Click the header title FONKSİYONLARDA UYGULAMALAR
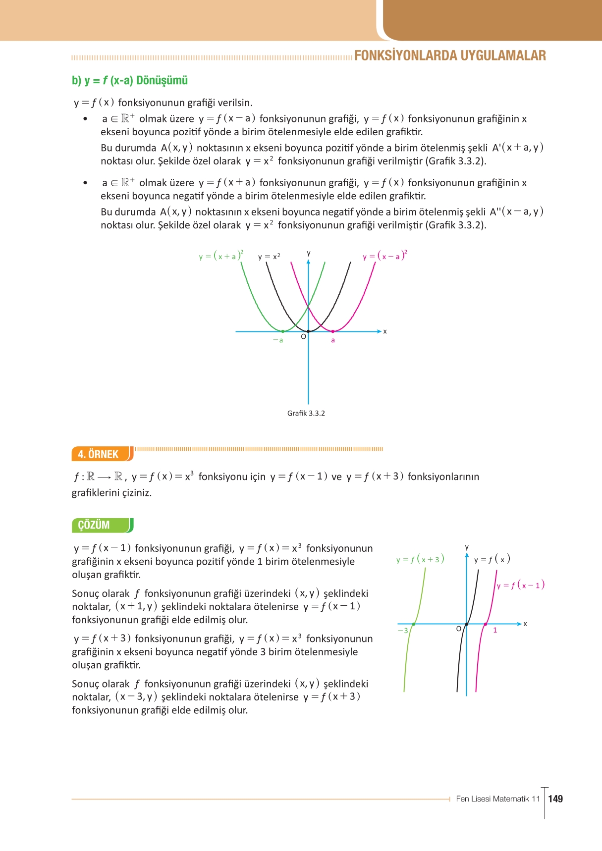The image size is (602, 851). [450, 55]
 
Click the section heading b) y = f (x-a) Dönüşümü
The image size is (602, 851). [130, 80]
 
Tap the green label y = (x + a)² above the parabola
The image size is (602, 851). [221, 256]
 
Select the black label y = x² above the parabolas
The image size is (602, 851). [269, 256]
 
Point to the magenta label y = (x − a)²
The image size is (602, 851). [385, 256]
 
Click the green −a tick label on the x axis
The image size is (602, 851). [278, 340]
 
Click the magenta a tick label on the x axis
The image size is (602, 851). [333, 340]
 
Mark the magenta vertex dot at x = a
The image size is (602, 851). [333, 331]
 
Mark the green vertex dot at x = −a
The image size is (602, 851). [283, 331]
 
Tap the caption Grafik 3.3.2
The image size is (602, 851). [306, 413]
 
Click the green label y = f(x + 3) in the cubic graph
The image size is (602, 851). [420, 559]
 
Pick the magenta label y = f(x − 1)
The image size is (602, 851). [521, 585]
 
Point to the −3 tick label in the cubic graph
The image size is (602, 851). [403, 631]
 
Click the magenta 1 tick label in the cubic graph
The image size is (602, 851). [495, 631]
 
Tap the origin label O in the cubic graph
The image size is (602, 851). [459, 629]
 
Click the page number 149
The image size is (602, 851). [556, 798]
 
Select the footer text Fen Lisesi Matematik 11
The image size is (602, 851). [497, 798]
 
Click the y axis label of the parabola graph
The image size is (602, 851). [309, 253]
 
